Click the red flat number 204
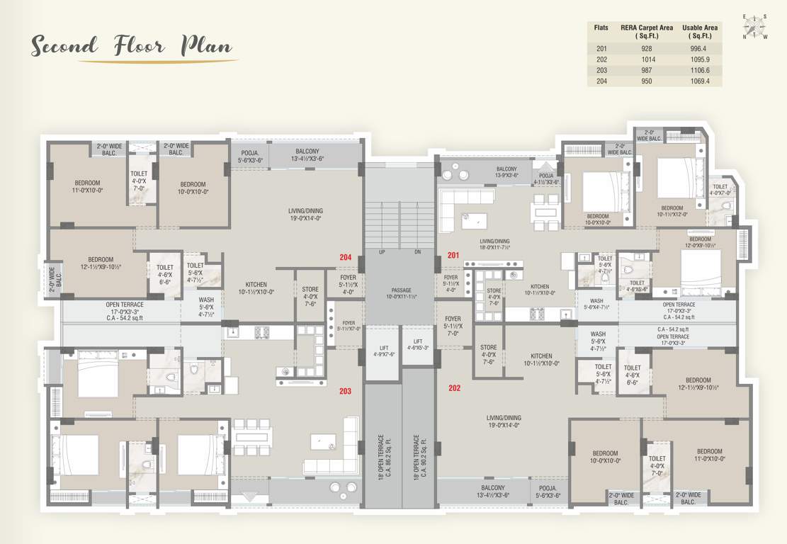click(346, 257)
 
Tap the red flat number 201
click(453, 254)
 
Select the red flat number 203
click(346, 391)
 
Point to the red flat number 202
click(454, 387)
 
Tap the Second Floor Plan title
click(132, 47)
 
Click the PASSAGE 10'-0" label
click(401, 294)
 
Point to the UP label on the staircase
click(382, 252)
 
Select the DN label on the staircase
click(417, 252)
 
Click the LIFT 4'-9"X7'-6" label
click(383, 350)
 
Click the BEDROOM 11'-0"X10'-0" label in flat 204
click(86, 186)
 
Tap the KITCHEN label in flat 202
click(541, 360)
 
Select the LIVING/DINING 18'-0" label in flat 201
click(494, 245)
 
